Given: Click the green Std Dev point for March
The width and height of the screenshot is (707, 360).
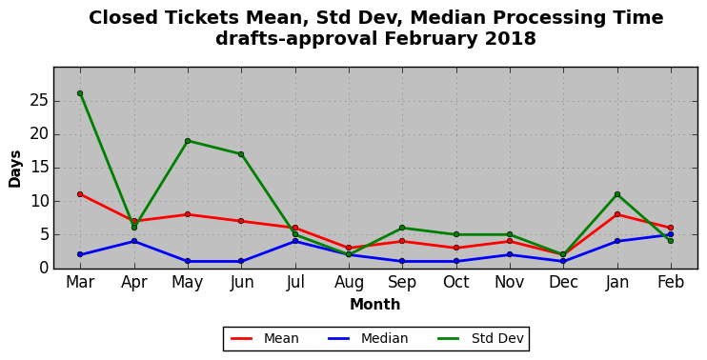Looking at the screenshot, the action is [x=80, y=93].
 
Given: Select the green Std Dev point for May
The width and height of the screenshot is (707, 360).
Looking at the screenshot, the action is [x=188, y=141].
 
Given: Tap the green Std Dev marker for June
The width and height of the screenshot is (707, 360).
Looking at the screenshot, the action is [x=241, y=154].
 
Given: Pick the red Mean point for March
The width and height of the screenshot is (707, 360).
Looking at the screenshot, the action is [x=80, y=194].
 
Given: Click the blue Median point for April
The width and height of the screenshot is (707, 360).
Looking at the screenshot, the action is [x=134, y=241].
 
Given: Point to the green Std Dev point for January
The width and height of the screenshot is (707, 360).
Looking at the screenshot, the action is [x=617, y=194].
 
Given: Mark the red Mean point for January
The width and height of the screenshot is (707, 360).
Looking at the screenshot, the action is [x=617, y=214].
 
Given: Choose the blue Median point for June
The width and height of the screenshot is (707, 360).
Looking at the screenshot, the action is [x=241, y=261].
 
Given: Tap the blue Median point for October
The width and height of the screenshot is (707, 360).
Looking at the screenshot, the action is [x=456, y=261].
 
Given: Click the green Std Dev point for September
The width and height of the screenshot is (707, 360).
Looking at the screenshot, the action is [x=402, y=228].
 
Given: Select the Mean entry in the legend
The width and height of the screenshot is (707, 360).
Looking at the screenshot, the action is [x=265, y=338].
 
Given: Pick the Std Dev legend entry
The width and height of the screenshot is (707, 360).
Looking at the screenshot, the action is [x=480, y=338].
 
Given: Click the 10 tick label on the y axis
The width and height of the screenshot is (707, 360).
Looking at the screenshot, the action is [x=39, y=201].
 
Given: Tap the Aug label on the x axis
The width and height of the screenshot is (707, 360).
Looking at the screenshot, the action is [x=349, y=283].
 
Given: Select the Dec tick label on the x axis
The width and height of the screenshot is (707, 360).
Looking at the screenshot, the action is [x=564, y=282].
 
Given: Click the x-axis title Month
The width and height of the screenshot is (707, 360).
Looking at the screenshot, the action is [x=375, y=304].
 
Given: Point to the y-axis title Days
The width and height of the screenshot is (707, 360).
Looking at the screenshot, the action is [x=15, y=169].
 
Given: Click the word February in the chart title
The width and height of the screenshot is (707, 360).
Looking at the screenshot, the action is [x=430, y=39].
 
